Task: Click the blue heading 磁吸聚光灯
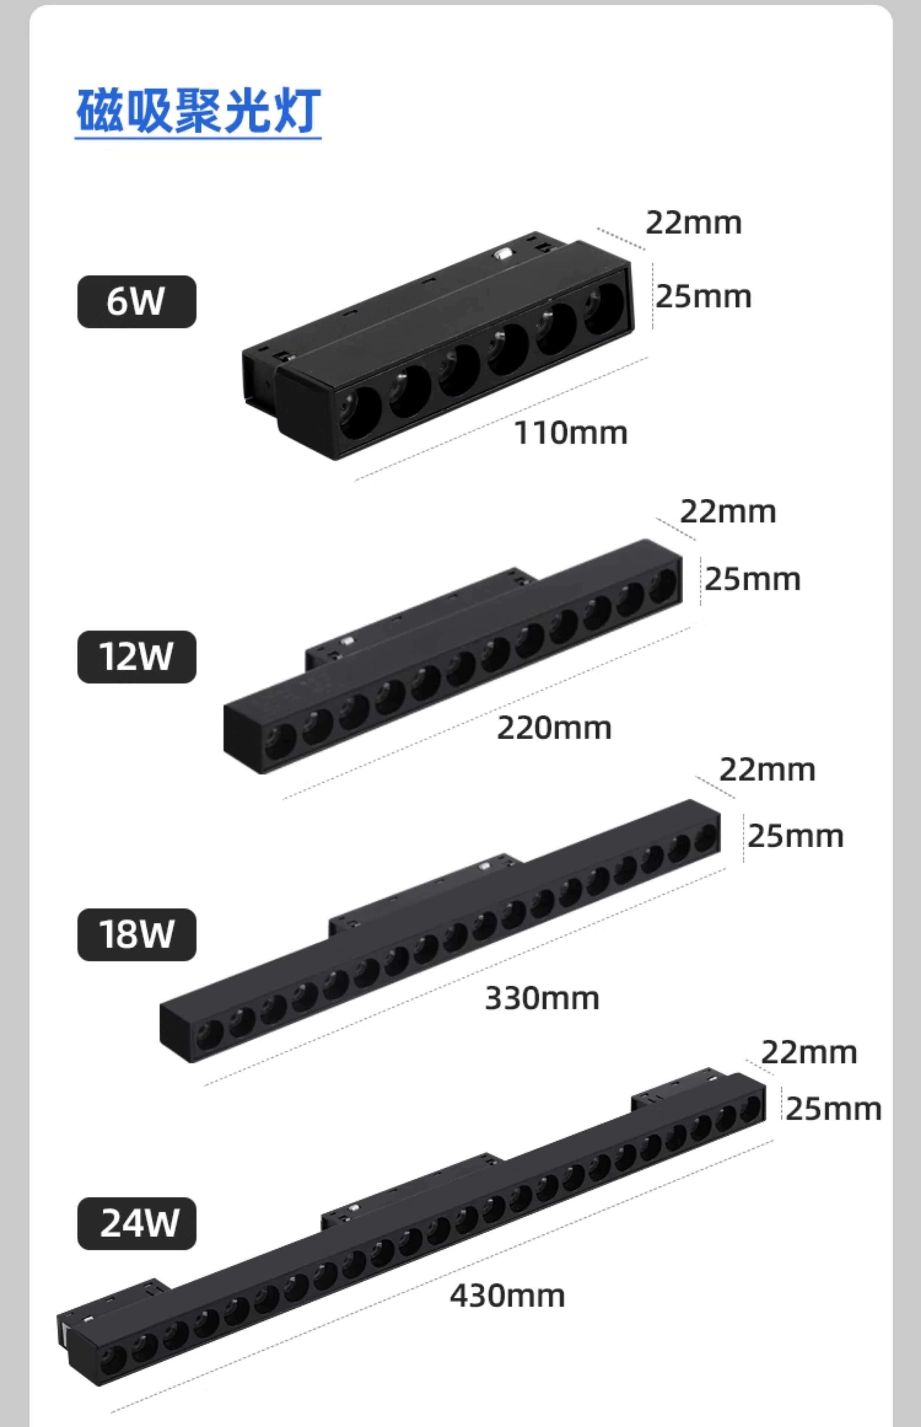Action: pyautogui.click(x=198, y=111)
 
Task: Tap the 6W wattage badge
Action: pyautogui.click(x=136, y=301)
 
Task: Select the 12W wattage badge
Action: pyautogui.click(x=136, y=656)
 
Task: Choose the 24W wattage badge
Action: pyautogui.click(x=136, y=1222)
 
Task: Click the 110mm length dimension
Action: pyautogui.click(x=570, y=433)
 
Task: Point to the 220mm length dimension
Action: pyautogui.click(x=554, y=728)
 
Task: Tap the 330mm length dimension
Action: pyautogui.click(x=542, y=998)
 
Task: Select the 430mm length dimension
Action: pyautogui.click(x=507, y=1296)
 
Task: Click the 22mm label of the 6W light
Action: pyautogui.click(x=693, y=223)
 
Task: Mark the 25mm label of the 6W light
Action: pyautogui.click(x=703, y=297)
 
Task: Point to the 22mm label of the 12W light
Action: pyautogui.click(x=728, y=512)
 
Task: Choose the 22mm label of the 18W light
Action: pyautogui.click(x=767, y=770)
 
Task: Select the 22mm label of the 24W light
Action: pyautogui.click(x=808, y=1052)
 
